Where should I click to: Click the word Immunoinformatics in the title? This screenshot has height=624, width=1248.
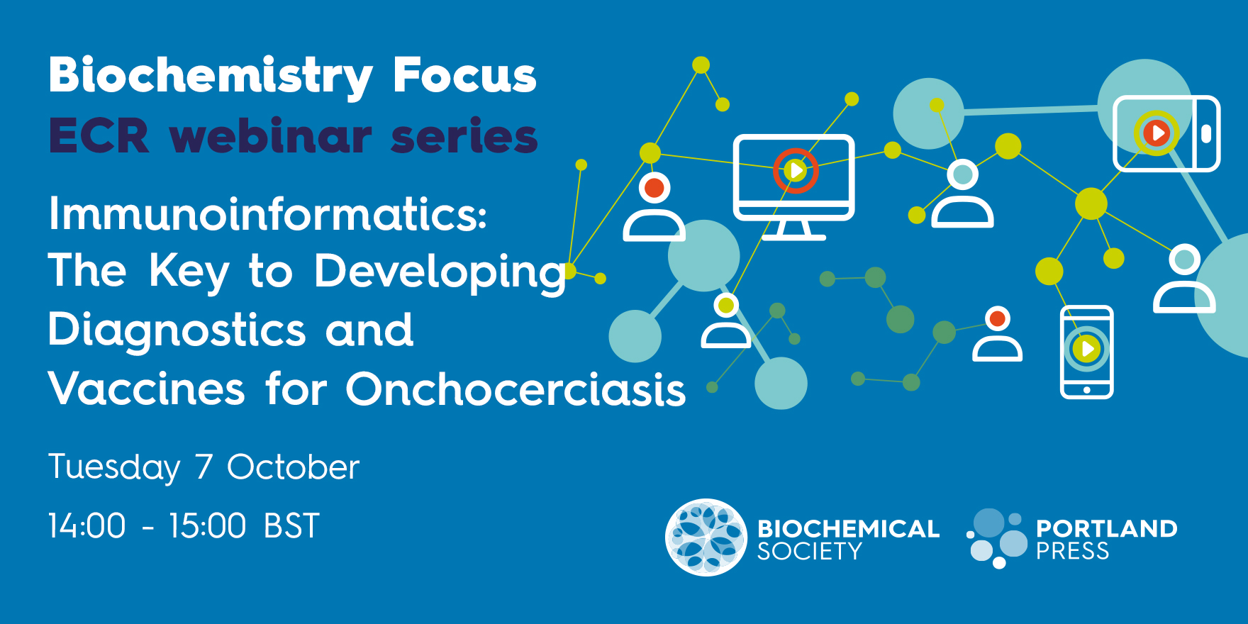268,213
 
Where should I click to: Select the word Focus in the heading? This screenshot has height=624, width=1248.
464,75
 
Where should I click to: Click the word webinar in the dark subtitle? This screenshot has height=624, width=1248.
270,135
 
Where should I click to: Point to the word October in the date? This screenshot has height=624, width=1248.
293,467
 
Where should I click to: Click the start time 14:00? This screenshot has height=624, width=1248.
87,526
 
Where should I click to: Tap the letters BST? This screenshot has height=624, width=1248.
291,526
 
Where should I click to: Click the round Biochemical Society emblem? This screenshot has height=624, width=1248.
706,537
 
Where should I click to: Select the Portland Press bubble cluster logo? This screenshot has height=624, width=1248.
997,537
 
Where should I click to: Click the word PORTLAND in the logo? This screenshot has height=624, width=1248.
1106,528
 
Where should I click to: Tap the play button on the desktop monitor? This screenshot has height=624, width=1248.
796,170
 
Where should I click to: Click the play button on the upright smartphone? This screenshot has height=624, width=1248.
1086,348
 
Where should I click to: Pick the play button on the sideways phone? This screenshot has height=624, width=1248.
1157,133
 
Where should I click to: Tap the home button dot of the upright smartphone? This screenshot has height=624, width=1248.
1087,389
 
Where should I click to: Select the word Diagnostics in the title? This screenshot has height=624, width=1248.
177,330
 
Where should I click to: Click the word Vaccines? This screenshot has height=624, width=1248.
147,389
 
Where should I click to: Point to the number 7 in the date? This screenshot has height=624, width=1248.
204,467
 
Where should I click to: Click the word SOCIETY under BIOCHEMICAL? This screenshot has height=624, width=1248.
809,551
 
